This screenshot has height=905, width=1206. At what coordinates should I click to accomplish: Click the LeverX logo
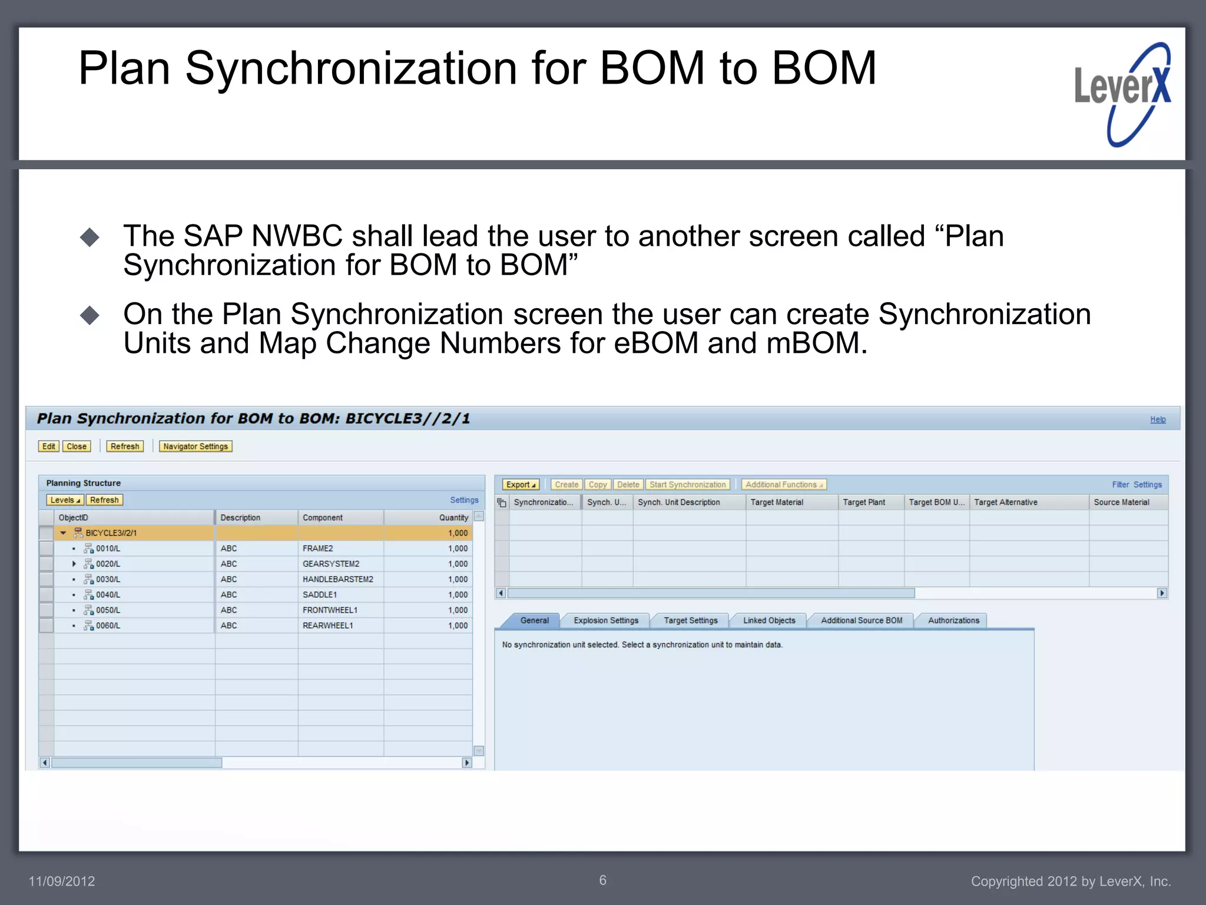[x=1122, y=94]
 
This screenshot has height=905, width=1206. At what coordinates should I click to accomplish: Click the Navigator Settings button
[x=196, y=447]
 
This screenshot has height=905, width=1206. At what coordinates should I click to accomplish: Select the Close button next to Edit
[x=77, y=447]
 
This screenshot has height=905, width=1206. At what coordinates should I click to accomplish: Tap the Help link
[x=1158, y=420]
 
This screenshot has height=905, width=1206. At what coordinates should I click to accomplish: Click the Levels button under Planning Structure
[x=65, y=500]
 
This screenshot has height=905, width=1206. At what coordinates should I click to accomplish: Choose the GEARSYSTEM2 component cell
[x=331, y=564]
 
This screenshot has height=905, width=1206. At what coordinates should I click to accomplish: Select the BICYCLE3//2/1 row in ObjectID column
[x=111, y=533]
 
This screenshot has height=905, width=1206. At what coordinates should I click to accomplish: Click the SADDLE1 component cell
[x=320, y=595]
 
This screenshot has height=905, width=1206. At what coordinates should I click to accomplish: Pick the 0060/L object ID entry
[x=108, y=626]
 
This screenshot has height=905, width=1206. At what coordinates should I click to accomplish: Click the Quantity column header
[x=453, y=518]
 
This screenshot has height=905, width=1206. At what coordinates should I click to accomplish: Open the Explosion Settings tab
[x=606, y=620]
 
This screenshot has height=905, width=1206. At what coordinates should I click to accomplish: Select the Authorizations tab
[x=953, y=620]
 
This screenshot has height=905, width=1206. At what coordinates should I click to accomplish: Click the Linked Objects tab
[x=769, y=620]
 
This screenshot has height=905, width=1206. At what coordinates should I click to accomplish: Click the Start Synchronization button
[x=687, y=485]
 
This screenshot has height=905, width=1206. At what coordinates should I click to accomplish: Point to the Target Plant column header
[x=863, y=503]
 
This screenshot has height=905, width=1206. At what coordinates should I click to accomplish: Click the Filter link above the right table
[x=1120, y=485]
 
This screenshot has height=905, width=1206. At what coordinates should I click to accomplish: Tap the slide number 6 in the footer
[x=602, y=880]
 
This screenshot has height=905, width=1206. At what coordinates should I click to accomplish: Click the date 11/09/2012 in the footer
[x=62, y=881]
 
